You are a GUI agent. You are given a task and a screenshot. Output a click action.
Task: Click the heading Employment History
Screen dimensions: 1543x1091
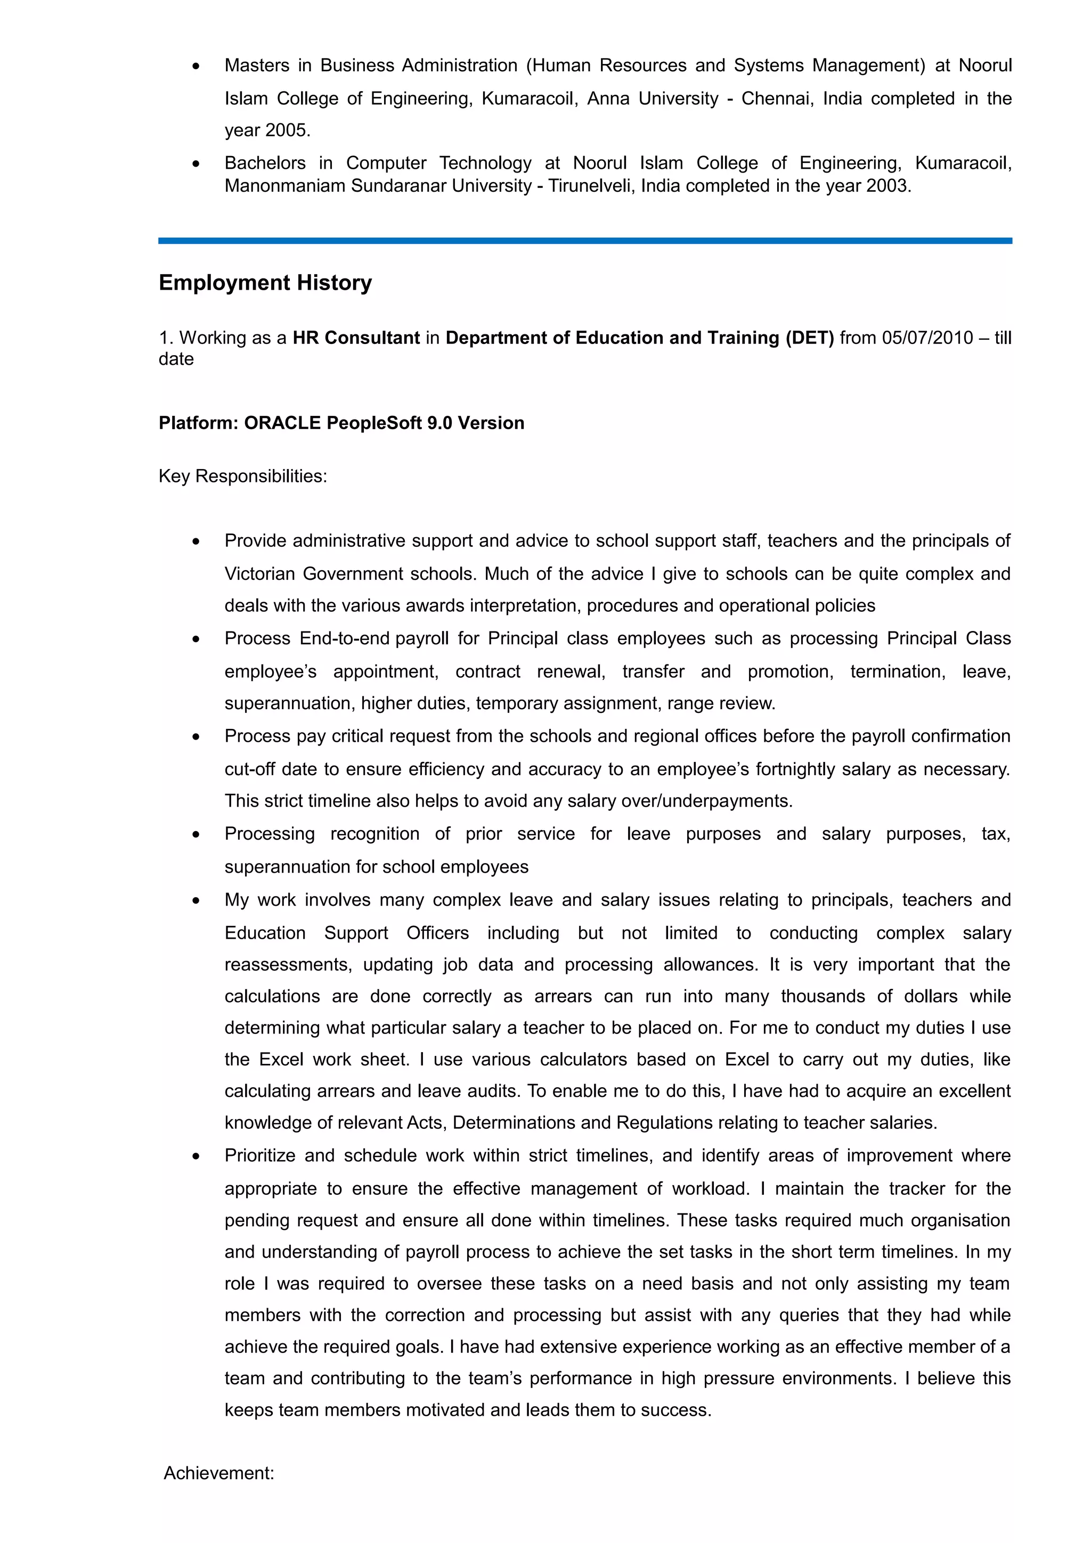265,283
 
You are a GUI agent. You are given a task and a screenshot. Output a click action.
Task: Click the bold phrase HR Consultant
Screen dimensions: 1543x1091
356,338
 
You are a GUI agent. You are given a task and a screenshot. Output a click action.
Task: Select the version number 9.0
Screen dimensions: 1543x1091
439,423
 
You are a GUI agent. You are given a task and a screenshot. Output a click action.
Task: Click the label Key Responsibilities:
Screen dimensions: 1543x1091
243,476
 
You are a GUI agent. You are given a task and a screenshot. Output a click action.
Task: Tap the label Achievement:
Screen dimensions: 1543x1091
219,1473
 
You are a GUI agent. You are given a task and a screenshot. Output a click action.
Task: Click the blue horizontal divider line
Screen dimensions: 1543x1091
585,241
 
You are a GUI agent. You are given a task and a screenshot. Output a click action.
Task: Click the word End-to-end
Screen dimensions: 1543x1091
344,638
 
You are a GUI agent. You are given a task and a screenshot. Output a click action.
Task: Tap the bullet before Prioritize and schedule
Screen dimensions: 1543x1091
196,1156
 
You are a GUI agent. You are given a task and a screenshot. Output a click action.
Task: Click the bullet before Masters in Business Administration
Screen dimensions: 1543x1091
196,66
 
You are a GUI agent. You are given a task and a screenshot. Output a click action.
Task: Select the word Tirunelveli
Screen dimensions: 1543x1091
590,186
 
